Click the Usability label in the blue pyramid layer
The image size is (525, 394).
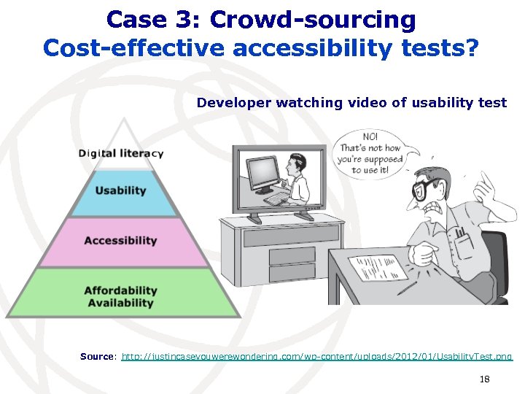tap(120, 190)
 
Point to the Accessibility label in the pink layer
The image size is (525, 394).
tap(120, 240)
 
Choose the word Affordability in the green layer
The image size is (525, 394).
tap(120, 290)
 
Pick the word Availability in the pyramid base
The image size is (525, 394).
tap(120, 303)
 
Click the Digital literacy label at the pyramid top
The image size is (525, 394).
tap(121, 153)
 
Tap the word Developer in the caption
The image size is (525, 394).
tap(233, 103)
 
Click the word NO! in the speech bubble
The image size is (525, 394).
tap(370, 136)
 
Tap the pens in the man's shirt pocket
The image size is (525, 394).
tap(460, 234)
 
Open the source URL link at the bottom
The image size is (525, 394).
tap(316, 357)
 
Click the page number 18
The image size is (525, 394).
tap(485, 379)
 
